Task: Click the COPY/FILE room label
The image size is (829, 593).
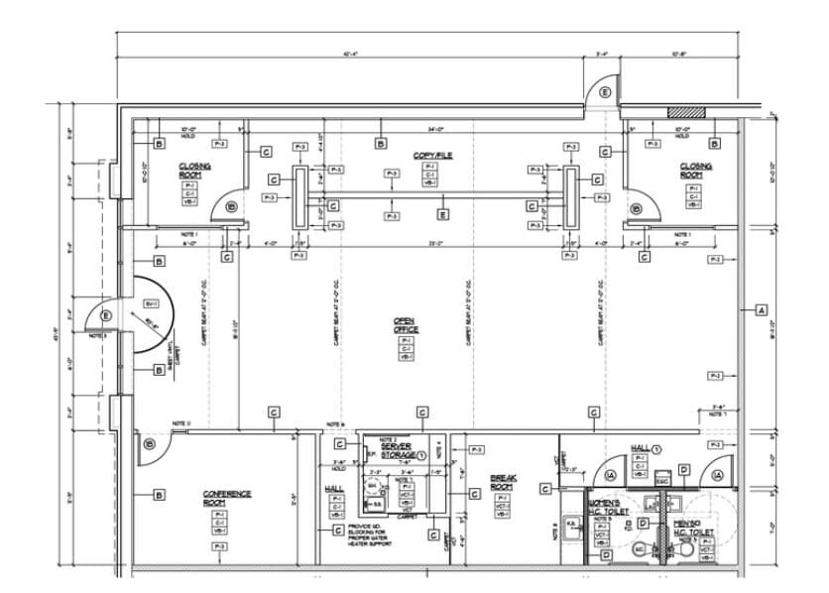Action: [429, 156]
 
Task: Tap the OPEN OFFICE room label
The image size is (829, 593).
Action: [406, 324]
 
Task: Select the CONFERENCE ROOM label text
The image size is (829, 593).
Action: [227, 497]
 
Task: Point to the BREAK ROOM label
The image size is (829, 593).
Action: [503, 483]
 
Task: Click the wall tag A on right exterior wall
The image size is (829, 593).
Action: [762, 310]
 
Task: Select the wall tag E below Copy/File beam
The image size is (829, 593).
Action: [442, 213]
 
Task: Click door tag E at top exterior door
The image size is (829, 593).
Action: [604, 92]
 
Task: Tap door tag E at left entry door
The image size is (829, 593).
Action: [106, 316]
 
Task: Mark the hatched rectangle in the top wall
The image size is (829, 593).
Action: [685, 113]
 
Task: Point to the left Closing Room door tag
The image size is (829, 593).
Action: [230, 207]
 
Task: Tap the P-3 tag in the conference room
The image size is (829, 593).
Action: [220, 546]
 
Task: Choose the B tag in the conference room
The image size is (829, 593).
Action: [158, 494]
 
